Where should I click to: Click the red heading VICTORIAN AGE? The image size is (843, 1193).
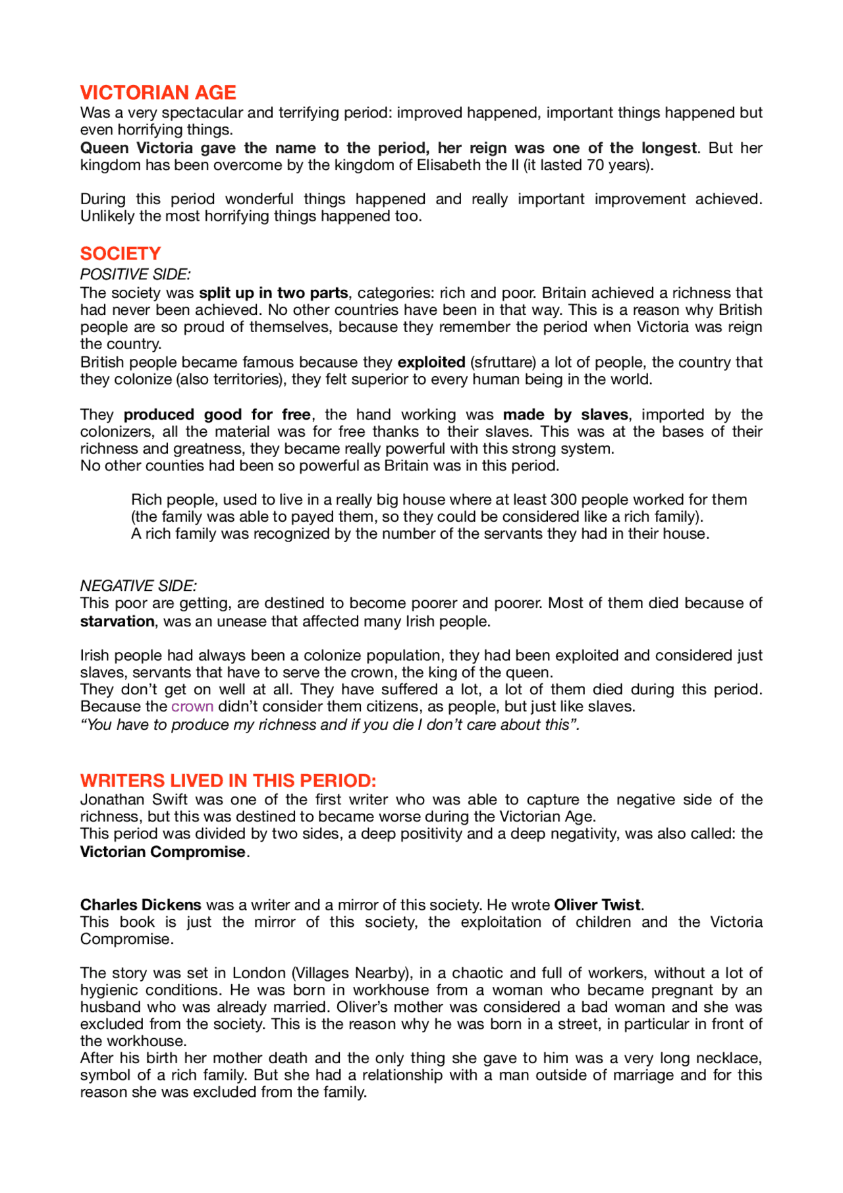point(158,92)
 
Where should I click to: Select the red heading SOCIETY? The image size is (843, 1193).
point(121,254)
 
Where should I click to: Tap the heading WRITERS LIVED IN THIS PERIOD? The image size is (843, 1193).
point(228,781)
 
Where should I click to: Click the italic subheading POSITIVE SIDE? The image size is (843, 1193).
point(135,275)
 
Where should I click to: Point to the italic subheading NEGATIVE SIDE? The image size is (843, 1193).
point(138,586)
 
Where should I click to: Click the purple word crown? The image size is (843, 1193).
point(192,707)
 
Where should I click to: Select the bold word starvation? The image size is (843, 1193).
point(117,621)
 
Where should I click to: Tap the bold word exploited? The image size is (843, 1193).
point(431,362)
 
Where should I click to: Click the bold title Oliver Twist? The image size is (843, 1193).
point(597,905)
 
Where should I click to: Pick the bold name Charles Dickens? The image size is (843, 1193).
point(141,905)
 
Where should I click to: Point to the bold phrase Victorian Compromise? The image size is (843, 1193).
point(163,852)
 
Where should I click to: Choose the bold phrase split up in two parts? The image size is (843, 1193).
point(273,293)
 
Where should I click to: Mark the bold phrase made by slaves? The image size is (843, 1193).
point(566,415)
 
